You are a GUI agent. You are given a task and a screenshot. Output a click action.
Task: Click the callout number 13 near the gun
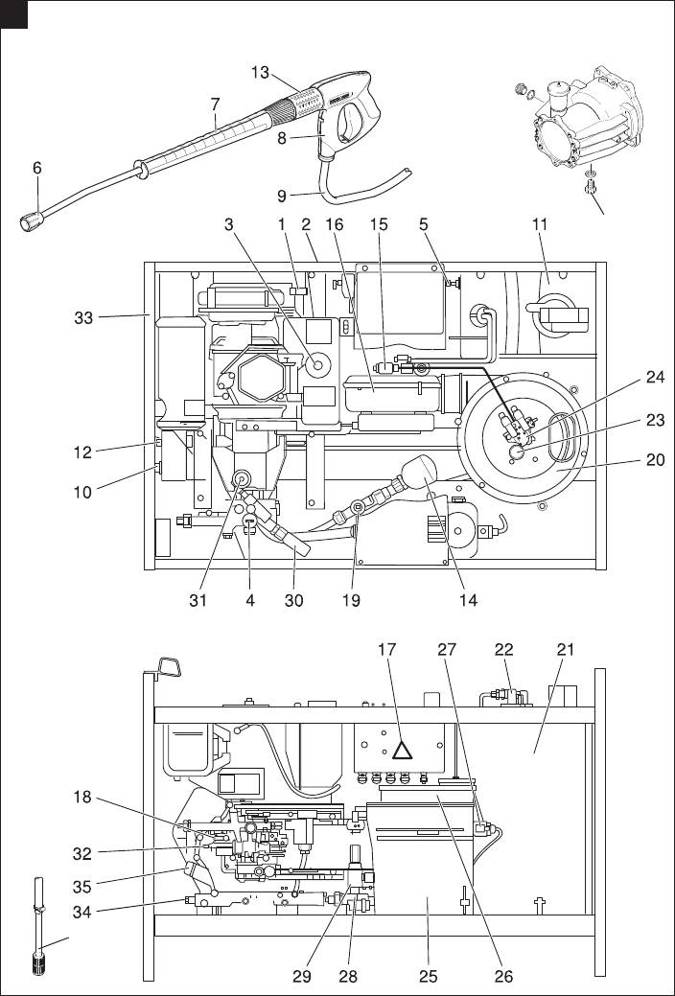(260, 73)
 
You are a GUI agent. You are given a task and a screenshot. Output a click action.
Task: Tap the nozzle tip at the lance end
(31, 221)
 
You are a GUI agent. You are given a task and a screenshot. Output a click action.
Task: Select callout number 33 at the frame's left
(83, 317)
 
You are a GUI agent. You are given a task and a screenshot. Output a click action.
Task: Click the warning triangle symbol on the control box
(403, 751)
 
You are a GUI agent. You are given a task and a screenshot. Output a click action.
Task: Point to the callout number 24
(655, 378)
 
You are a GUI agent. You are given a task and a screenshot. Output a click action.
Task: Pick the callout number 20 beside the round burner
(655, 458)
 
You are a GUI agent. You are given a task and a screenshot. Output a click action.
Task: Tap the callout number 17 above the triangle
(386, 649)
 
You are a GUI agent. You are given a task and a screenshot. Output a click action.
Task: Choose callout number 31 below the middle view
(198, 600)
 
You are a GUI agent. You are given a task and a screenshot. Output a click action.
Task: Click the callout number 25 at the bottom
(429, 976)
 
